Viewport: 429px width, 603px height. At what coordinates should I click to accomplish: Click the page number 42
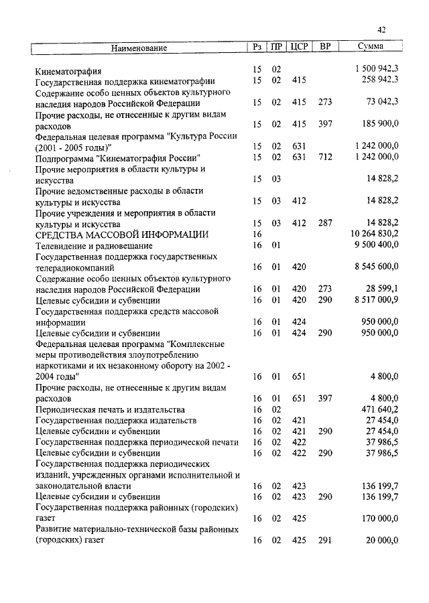coord(381,29)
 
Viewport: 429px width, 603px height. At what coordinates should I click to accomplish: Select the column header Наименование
coord(139,48)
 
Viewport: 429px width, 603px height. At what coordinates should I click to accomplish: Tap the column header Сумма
coord(371,48)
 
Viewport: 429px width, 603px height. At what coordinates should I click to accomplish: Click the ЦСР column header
coord(298,48)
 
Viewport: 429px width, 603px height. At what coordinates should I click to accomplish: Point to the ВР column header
coord(325,48)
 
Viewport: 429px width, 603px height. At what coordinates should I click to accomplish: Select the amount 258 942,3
coord(377,80)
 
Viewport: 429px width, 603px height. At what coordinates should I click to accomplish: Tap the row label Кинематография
coord(68,70)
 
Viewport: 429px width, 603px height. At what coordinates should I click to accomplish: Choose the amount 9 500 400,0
coord(375,245)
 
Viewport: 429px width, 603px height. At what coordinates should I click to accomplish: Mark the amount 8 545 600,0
coord(375,267)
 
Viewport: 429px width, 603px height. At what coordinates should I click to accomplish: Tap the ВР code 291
coord(326,540)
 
